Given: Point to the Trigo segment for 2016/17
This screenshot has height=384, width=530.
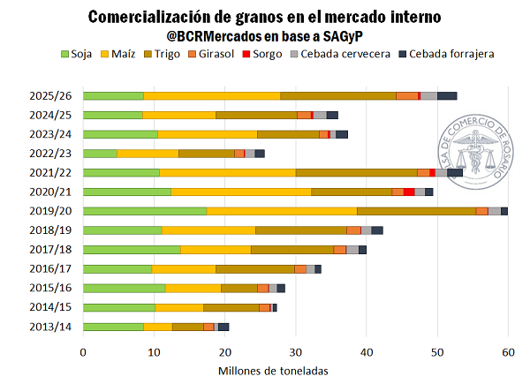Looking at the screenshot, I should click(254, 268).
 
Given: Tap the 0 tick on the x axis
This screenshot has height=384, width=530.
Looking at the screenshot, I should click(83, 352).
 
